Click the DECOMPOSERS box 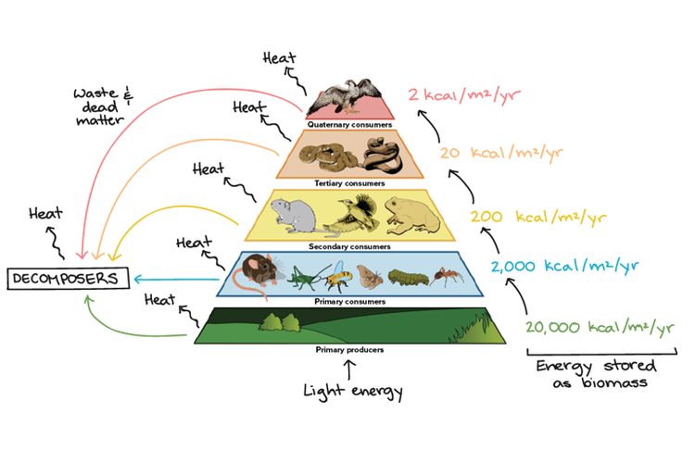[66, 277]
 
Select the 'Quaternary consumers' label [351, 123]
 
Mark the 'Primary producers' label [349, 350]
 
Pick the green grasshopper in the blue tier [305, 275]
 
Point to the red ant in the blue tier [449, 275]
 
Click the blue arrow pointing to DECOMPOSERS [176, 277]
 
